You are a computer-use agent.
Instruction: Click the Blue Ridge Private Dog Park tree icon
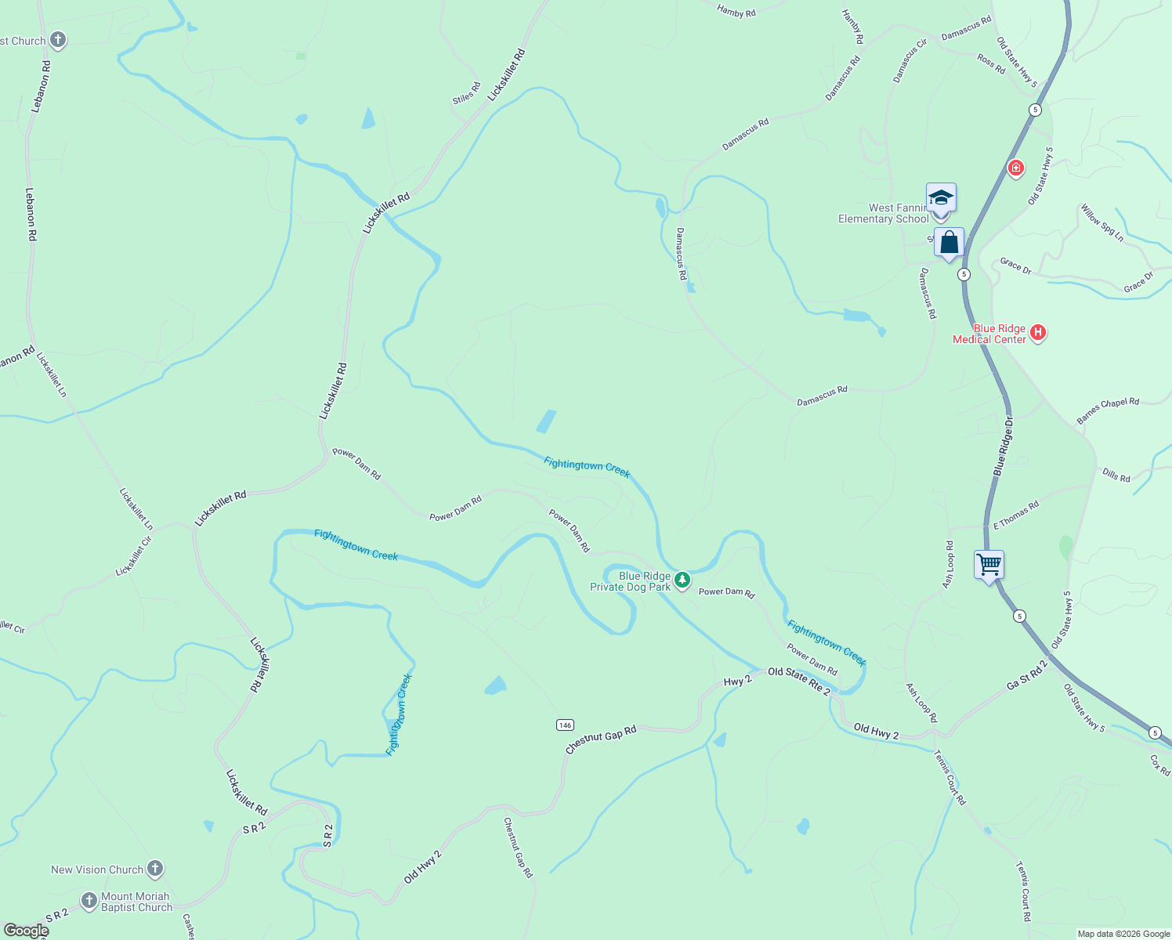[x=683, y=580]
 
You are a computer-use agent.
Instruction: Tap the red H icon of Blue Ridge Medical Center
[x=1038, y=333]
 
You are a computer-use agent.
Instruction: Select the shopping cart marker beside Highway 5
[x=989, y=564]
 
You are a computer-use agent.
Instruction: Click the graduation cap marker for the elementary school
[x=940, y=197]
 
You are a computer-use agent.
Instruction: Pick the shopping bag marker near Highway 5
[x=949, y=243]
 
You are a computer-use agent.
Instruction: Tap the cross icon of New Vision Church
[x=155, y=868]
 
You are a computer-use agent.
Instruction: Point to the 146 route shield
[x=566, y=725]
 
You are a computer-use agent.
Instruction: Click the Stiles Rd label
[x=466, y=93]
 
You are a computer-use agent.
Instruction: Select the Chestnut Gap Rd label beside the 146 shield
[x=601, y=739]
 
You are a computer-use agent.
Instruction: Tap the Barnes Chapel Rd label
[x=1108, y=410]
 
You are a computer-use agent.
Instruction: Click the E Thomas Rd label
[x=1016, y=515]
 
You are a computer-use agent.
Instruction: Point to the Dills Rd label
[x=1116, y=475]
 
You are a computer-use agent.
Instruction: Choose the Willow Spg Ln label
[x=1102, y=223]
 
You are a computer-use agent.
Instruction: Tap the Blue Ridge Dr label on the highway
[x=1004, y=446]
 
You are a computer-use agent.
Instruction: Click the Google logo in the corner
[x=26, y=931]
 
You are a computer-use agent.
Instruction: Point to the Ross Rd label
[x=991, y=63]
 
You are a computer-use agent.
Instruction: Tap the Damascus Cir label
[x=910, y=60]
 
